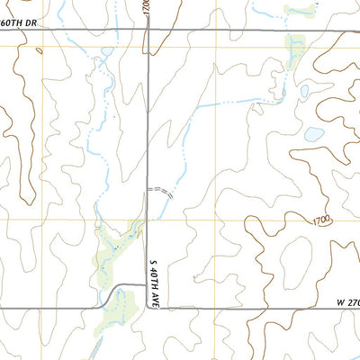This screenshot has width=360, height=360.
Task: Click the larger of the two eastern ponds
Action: (313, 134)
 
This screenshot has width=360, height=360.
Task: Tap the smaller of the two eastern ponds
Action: (303, 91)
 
